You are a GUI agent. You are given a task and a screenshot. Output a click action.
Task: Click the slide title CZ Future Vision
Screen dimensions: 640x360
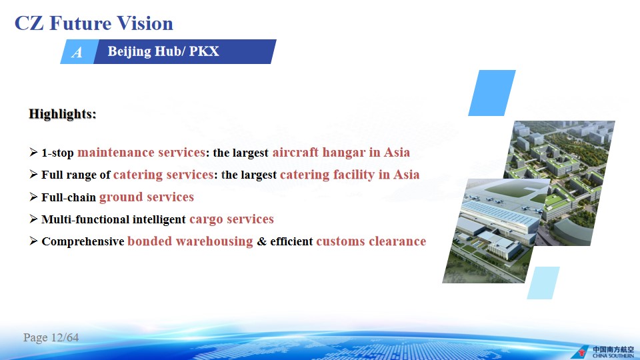tap(94, 23)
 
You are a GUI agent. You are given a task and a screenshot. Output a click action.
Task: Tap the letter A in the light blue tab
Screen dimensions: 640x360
tap(77, 52)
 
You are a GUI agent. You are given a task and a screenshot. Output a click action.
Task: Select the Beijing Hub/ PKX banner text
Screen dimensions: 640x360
tap(163, 51)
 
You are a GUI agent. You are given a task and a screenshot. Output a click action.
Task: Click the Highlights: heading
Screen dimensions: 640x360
tap(63, 113)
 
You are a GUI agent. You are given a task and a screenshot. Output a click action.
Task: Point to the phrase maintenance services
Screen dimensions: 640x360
tap(141, 152)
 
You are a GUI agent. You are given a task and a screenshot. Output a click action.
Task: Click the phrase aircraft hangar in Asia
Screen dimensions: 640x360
tap(341, 152)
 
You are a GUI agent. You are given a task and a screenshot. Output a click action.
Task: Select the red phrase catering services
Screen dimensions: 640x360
tap(163, 175)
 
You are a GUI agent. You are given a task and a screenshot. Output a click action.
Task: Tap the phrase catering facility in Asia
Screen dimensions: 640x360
tap(349, 175)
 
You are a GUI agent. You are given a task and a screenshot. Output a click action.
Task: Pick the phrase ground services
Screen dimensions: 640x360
tap(147, 197)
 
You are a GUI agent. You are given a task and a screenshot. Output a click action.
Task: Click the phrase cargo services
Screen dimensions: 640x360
tap(231, 219)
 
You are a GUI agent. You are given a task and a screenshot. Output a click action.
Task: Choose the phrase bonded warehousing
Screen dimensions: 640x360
tap(190, 241)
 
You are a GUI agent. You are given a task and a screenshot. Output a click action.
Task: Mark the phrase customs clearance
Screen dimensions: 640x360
tap(371, 241)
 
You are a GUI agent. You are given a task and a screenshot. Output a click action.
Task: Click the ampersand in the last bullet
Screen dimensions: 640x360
tap(261, 241)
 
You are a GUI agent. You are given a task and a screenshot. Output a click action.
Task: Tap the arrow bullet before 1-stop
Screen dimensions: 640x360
tap(33, 152)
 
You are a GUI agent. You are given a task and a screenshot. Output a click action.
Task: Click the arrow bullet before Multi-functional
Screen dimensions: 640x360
tap(33, 219)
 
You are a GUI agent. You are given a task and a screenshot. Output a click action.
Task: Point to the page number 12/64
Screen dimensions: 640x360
tap(65, 337)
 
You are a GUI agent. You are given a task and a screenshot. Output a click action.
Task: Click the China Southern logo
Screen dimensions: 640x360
tap(603, 351)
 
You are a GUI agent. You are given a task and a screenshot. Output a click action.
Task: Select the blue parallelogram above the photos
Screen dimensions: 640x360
tap(492, 93)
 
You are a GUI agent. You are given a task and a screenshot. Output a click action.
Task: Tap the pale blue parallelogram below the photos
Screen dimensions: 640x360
tap(543, 283)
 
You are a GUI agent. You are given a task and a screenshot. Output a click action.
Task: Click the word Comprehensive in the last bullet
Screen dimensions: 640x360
tap(83, 241)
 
